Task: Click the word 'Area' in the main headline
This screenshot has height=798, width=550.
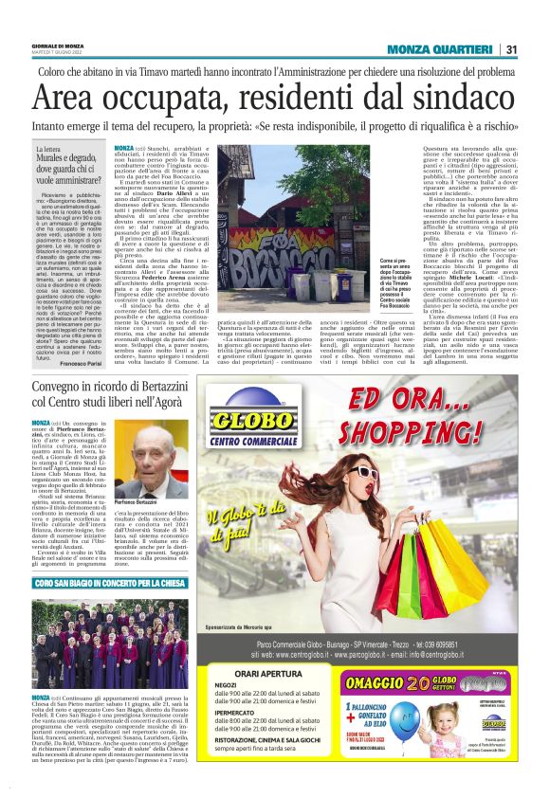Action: [x=67, y=97]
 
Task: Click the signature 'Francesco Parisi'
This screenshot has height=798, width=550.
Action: [x=80, y=363]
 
